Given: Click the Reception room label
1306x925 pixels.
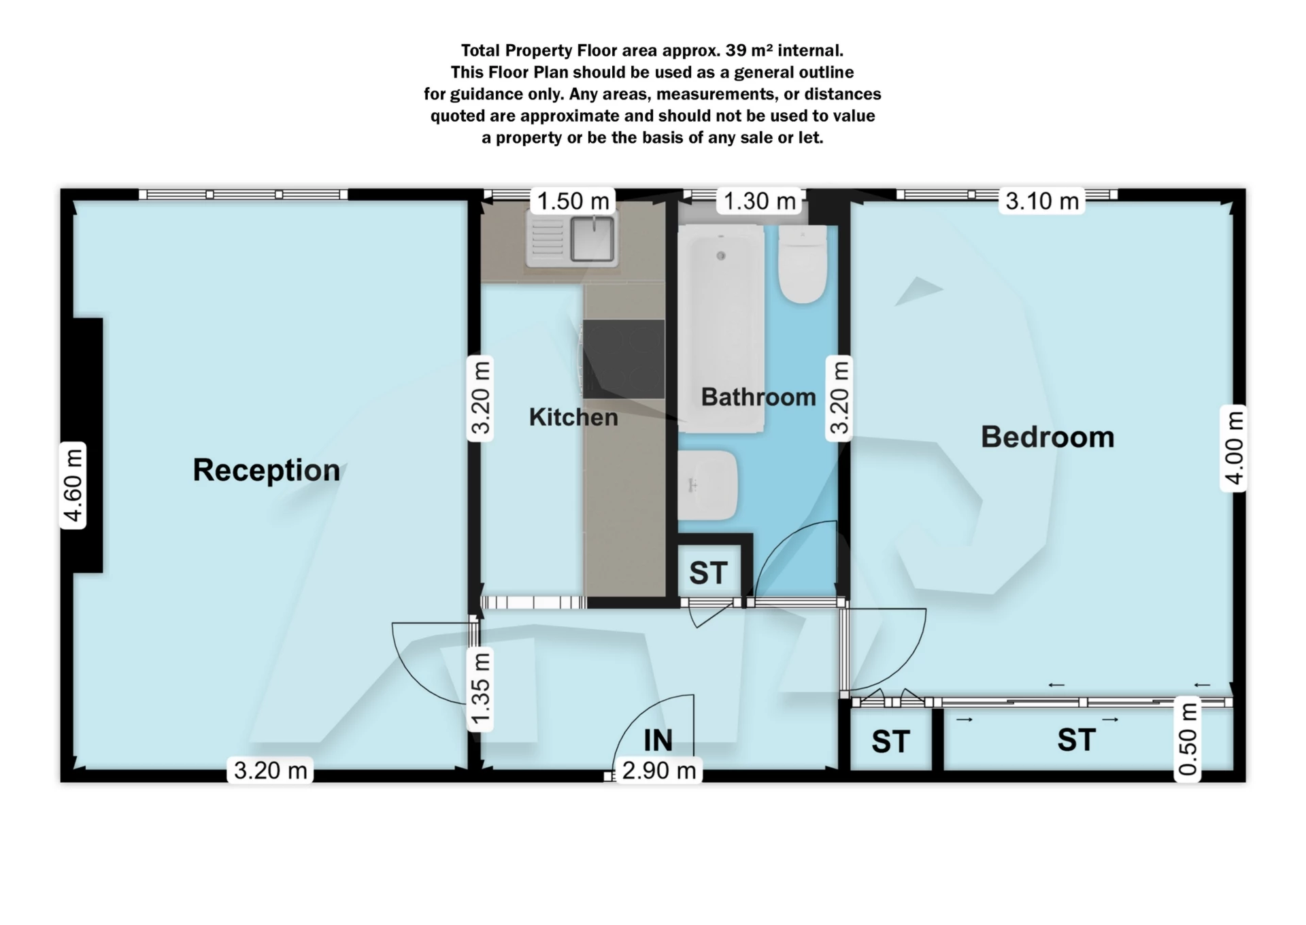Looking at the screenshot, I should (266, 470).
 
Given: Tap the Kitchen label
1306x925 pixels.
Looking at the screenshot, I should (573, 417).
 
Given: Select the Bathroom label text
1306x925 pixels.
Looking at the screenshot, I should (758, 397).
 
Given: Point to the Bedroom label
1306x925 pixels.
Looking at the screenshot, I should (1048, 437).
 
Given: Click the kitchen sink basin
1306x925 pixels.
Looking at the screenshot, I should (592, 238).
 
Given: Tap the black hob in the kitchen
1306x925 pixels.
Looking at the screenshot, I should (624, 358).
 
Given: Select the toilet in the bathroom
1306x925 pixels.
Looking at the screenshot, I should (803, 264).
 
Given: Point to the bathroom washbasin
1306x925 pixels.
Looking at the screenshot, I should (707, 485).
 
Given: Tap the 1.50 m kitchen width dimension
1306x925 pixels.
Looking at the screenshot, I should (573, 201).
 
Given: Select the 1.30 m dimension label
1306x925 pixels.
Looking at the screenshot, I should (759, 201).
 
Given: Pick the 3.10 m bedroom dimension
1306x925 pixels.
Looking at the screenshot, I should (1042, 201).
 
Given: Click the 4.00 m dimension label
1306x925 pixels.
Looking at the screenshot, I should (1234, 448).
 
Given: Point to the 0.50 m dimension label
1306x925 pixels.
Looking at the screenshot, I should (1188, 739).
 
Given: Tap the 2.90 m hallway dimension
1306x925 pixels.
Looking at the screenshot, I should (659, 771).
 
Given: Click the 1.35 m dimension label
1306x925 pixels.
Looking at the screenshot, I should (481, 689).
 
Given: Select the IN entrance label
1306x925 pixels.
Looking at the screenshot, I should (658, 740).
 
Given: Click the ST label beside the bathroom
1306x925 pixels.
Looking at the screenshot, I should (708, 573).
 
